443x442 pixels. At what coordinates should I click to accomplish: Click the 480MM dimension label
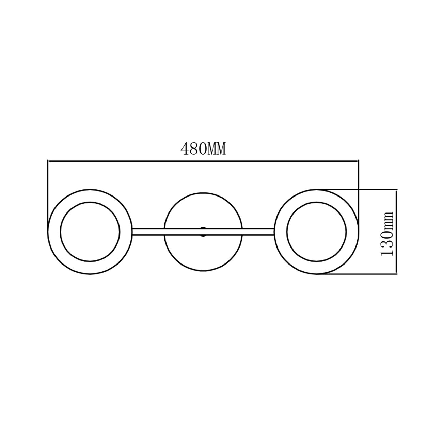point(203,149)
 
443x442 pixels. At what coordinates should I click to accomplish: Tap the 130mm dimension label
point(387,233)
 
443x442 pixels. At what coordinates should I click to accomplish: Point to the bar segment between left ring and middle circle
point(148,232)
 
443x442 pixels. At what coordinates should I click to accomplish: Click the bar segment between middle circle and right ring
point(258,232)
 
